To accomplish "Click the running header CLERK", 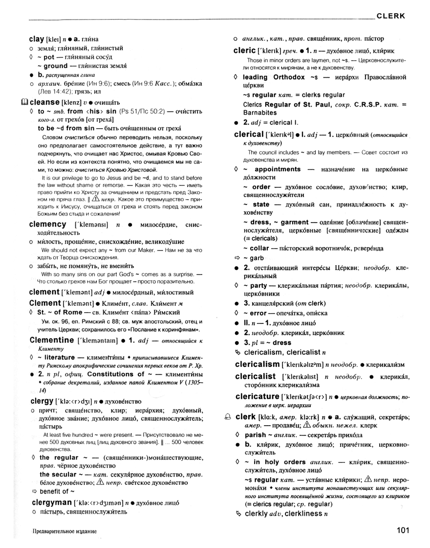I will coord(391,16).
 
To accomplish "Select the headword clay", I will coord(37,39).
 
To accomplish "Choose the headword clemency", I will coord(48,224).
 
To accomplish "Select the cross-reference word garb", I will coord(256,257).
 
